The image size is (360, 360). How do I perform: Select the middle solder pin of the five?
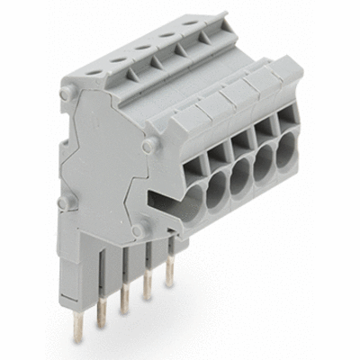click(x=124, y=301)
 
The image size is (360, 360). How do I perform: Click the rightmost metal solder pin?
click(x=168, y=282)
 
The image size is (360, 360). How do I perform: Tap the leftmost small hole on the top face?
click(x=96, y=69)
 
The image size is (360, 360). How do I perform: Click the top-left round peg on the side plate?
click(x=66, y=94)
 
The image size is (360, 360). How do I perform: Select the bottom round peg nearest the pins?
click(x=139, y=231)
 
